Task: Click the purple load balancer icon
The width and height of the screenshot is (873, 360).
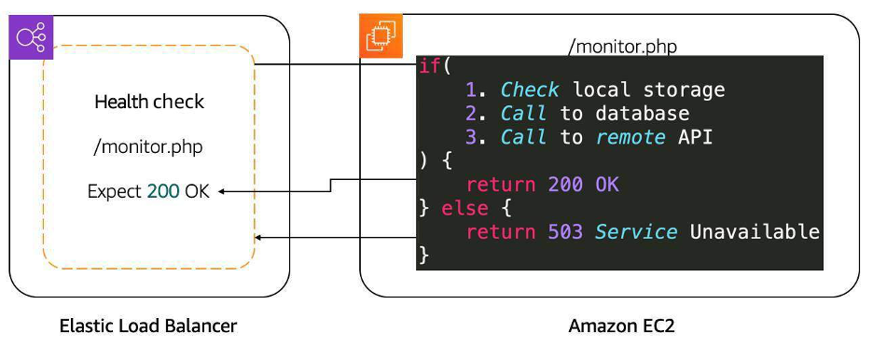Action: point(33,38)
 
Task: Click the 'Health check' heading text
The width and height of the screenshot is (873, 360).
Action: point(149,102)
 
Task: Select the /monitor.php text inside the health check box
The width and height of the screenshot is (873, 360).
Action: point(149,146)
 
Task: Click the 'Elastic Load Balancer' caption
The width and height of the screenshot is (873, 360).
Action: point(148,326)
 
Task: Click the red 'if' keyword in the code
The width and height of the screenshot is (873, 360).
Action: point(427,67)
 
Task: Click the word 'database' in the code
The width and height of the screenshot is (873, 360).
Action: point(643,114)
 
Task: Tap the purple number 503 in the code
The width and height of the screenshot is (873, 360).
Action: point(565,231)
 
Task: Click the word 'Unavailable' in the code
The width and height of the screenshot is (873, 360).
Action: point(755,231)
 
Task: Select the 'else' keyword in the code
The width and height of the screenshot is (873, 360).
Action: point(464,208)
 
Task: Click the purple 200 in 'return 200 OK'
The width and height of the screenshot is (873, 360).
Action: point(565,185)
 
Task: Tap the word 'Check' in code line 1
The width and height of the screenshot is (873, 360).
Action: point(530,90)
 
